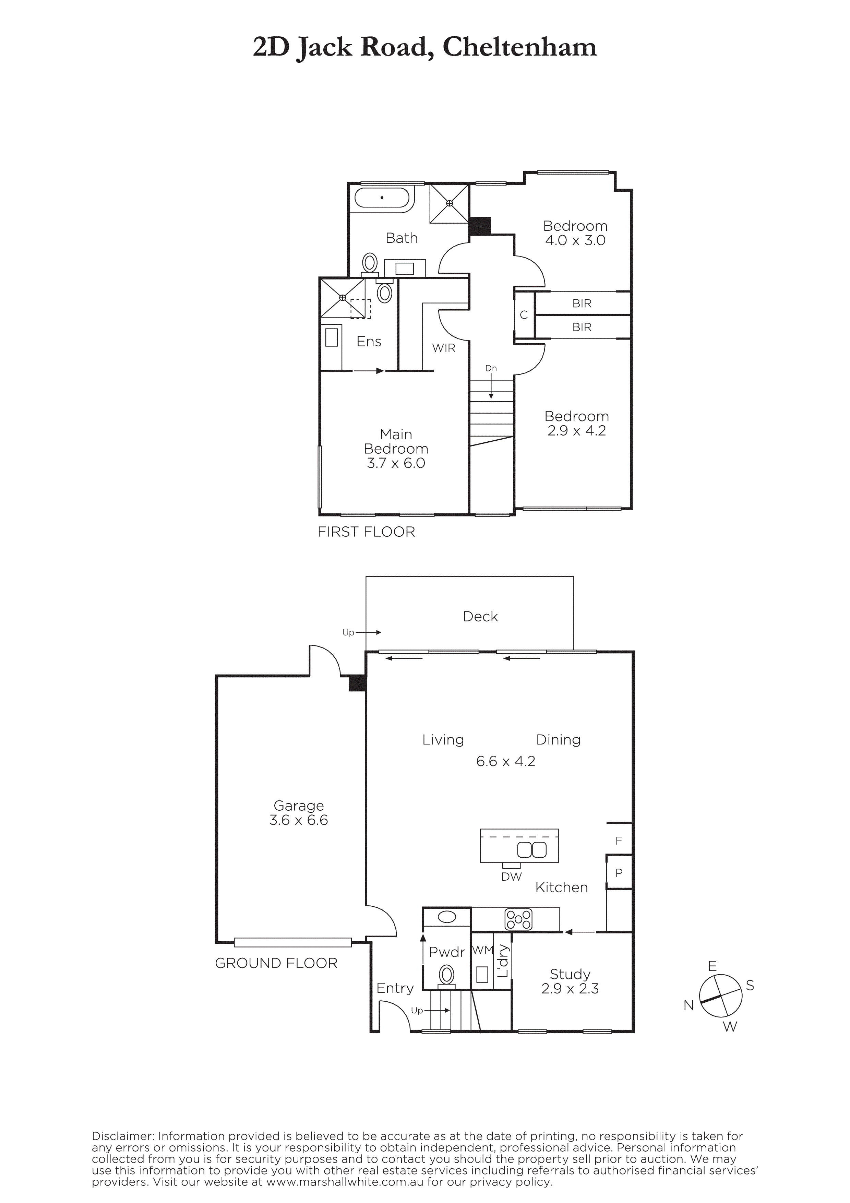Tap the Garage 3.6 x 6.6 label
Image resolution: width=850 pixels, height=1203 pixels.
tap(299, 813)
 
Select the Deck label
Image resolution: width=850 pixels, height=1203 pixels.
tap(480, 616)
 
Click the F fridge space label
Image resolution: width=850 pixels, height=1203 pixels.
tap(619, 841)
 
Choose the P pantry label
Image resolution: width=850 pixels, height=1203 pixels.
tap(619, 873)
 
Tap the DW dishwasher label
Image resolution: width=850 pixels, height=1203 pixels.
tap(512, 877)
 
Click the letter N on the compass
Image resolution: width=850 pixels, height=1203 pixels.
tap(689, 1005)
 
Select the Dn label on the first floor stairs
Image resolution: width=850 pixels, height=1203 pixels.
tap(491, 368)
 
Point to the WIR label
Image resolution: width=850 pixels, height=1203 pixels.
tap(444, 348)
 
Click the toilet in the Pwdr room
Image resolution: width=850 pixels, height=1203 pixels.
tap(447, 975)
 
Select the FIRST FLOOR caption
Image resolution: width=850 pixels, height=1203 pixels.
tap(366, 532)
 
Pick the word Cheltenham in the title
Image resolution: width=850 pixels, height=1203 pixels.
tap(519, 47)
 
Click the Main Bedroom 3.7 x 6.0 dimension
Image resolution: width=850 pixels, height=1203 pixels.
tap(396, 463)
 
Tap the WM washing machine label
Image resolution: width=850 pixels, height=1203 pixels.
tap(483, 950)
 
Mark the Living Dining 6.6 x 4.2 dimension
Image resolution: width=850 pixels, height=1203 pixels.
tap(505, 761)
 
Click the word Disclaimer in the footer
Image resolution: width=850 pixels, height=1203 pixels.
tap(122, 1136)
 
